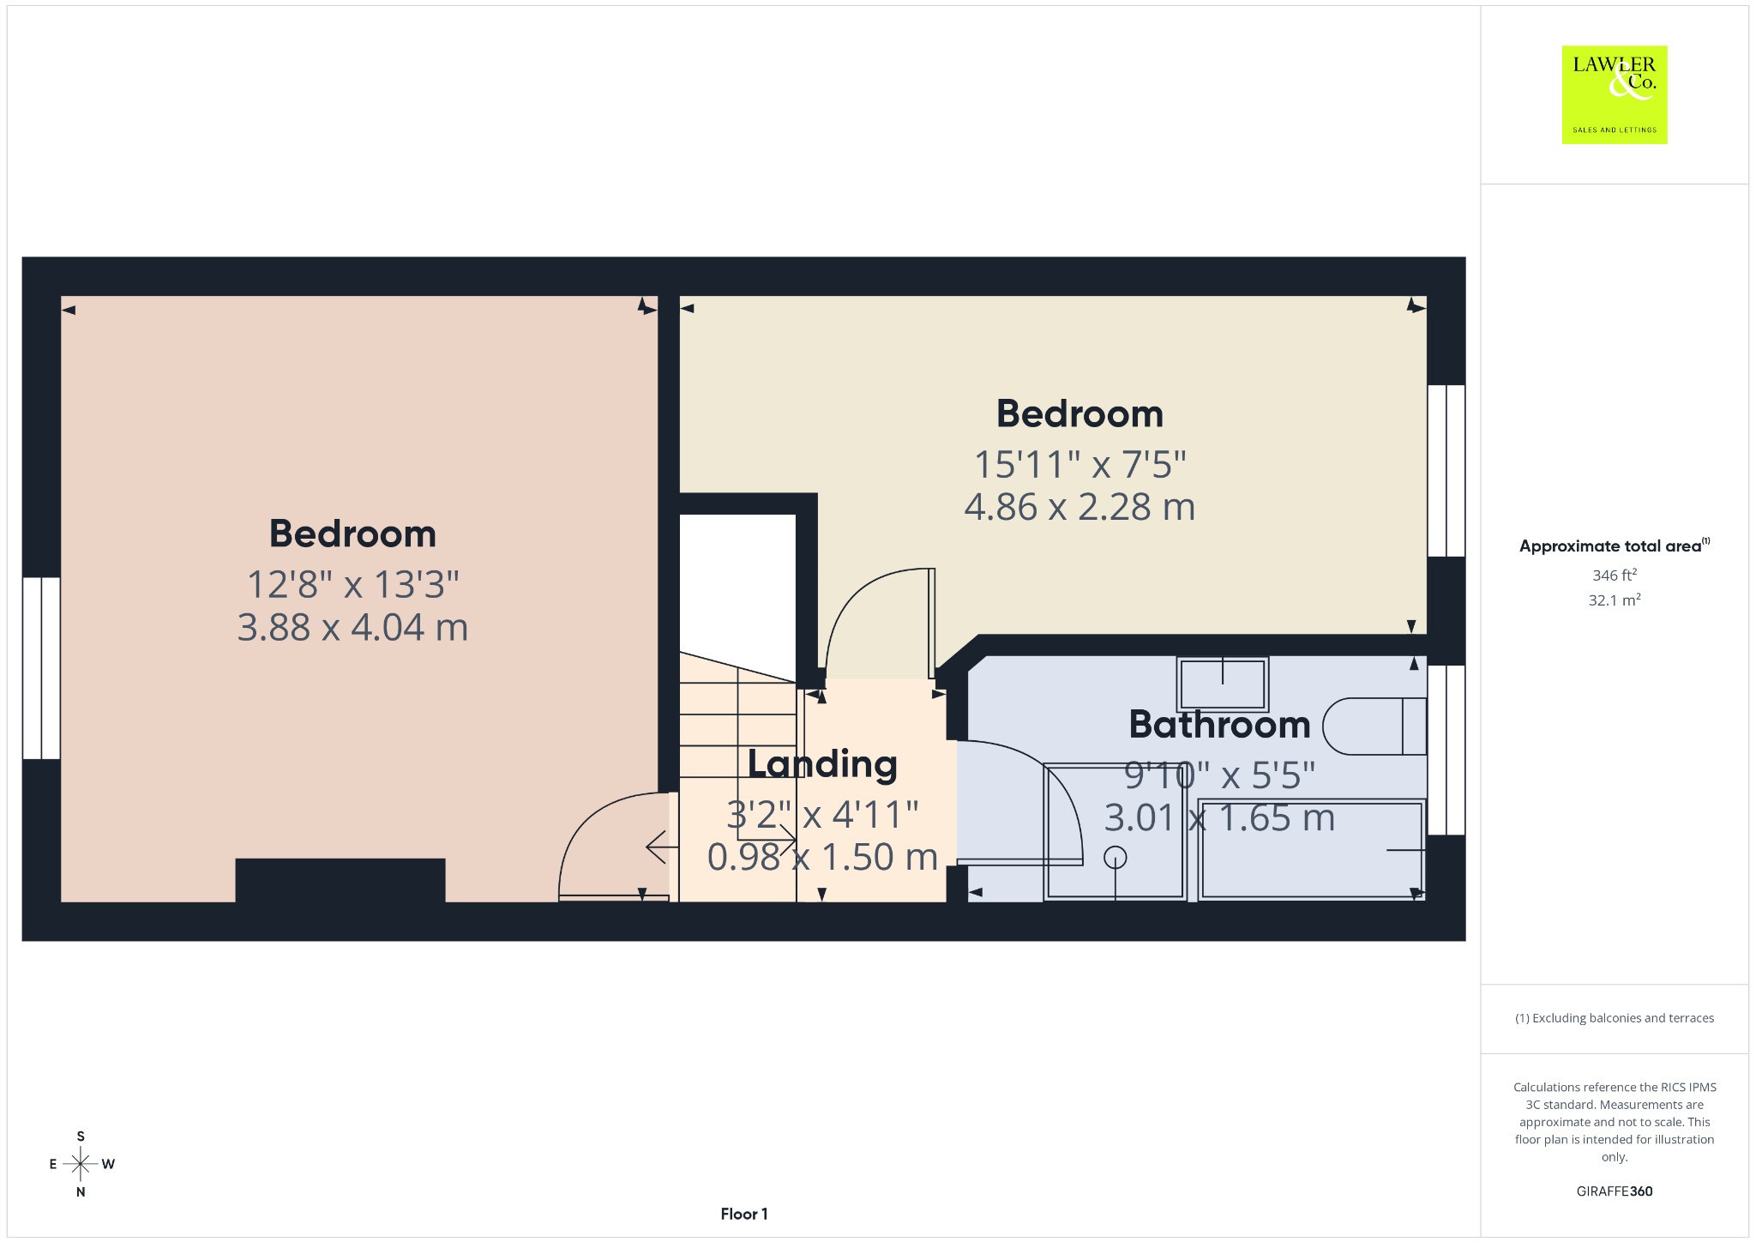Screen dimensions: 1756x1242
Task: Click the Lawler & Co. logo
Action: tap(1615, 94)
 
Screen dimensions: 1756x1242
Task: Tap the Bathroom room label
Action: tap(1219, 725)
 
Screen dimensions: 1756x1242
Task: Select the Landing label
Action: tap(822, 764)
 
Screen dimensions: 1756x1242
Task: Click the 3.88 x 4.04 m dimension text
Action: tap(352, 627)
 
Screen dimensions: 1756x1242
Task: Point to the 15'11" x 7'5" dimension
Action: tap(1079, 465)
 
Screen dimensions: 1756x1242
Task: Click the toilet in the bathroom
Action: tap(1374, 726)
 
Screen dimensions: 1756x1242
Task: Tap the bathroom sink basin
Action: tap(1223, 684)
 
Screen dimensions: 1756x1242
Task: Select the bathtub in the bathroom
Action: tap(1311, 849)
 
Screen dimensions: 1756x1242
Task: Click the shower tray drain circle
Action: tap(1116, 857)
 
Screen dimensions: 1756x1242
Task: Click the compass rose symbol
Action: tap(81, 1164)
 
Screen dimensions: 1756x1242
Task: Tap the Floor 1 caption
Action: tap(744, 1214)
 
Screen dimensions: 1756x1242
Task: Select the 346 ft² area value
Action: tap(1615, 575)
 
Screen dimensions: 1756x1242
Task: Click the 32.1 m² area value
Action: tap(1615, 600)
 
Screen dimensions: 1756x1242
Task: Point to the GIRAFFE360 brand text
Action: tap(1615, 1191)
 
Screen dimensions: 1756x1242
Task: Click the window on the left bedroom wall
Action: tap(41, 668)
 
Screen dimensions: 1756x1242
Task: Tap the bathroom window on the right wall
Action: tap(1446, 750)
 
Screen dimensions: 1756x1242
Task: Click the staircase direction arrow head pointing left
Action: tap(657, 847)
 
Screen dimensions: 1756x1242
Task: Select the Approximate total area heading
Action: tap(1615, 546)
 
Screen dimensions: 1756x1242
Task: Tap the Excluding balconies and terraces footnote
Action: tap(1615, 1018)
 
